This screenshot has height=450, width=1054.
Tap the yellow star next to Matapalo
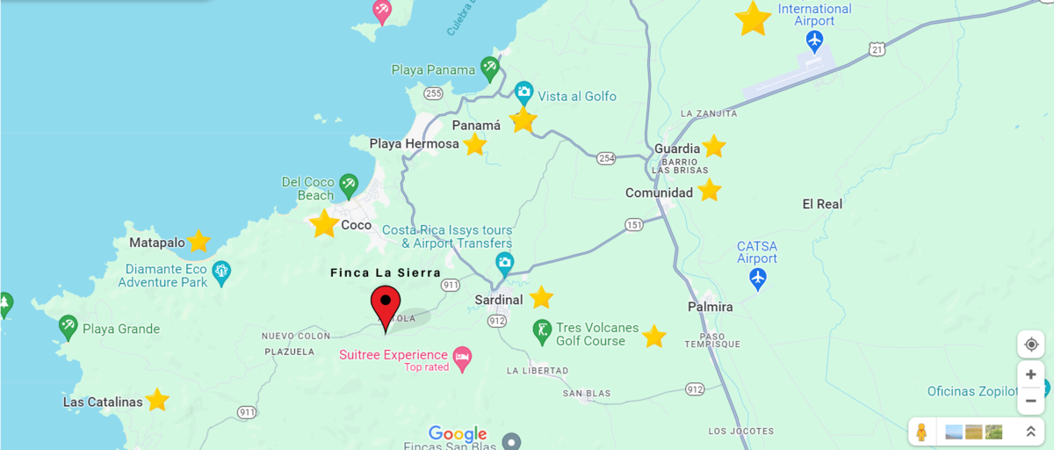(199, 241)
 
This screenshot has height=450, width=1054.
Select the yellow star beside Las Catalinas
(157, 400)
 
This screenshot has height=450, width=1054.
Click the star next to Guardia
(713, 146)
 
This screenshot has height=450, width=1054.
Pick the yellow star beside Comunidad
(709, 190)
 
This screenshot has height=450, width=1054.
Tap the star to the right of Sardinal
(541, 298)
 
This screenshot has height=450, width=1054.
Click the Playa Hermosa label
(414, 143)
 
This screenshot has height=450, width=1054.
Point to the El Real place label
(822, 204)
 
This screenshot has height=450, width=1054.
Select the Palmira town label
(710, 307)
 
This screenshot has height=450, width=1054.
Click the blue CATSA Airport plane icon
(758, 279)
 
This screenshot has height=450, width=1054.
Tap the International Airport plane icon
(814, 40)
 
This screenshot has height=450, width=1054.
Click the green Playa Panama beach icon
(490, 68)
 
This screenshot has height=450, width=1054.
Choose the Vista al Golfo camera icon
(523, 91)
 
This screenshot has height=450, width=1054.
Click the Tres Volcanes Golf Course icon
(543, 332)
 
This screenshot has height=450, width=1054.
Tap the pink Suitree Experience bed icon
(462, 356)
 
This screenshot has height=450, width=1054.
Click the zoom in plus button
(1030, 374)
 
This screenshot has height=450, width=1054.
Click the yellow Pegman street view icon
(921, 432)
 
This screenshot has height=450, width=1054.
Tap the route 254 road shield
(605, 157)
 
